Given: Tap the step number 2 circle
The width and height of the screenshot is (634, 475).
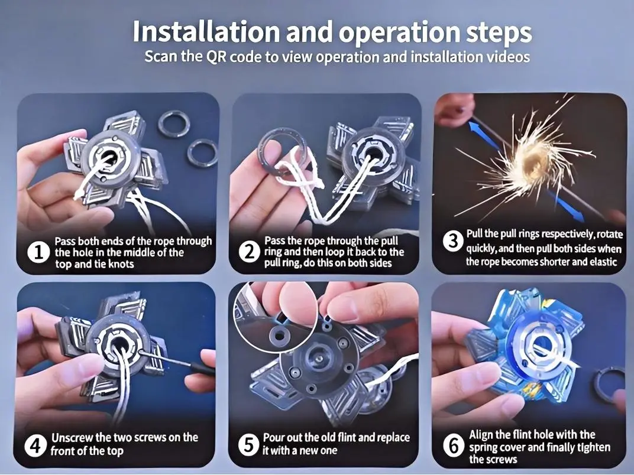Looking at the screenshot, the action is pyautogui.click(x=249, y=252).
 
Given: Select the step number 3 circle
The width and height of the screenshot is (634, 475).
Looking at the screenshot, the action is pyautogui.click(x=453, y=241).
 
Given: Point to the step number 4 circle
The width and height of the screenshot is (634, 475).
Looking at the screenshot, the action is pyautogui.click(x=35, y=445).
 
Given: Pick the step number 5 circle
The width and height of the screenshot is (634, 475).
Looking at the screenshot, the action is pyautogui.click(x=248, y=445).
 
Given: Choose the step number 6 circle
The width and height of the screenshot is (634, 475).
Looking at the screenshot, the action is pyautogui.click(x=454, y=446).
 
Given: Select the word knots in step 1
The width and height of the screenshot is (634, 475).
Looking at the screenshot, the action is pyautogui.click(x=118, y=264).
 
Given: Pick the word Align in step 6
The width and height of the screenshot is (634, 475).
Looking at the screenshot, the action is pyautogui.click(x=482, y=435).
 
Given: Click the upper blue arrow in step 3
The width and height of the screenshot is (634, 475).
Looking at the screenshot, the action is pyautogui.click(x=485, y=138).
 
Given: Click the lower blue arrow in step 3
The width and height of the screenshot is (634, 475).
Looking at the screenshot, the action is pyautogui.click(x=567, y=207).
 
